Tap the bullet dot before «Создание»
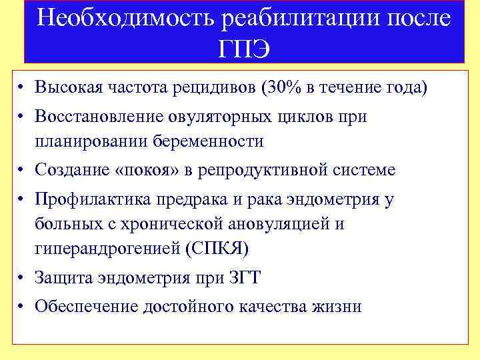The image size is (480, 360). (22, 171)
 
